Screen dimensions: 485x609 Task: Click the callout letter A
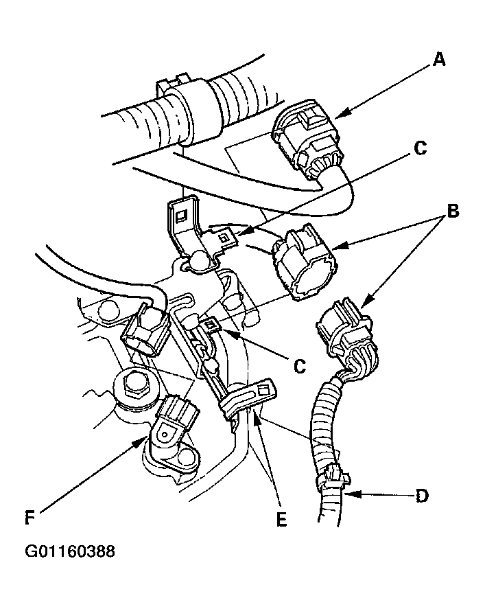click(438, 60)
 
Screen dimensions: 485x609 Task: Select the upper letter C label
click(421, 148)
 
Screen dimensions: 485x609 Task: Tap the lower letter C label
click(300, 366)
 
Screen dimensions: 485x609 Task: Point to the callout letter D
click(422, 496)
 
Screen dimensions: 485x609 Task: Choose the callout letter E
click(282, 519)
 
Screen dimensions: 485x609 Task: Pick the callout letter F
click(30, 518)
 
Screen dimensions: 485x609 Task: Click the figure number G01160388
click(70, 551)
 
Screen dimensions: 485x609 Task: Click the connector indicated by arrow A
click(307, 139)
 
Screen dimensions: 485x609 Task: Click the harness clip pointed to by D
click(333, 478)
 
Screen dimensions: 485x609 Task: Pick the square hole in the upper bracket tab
click(181, 216)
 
